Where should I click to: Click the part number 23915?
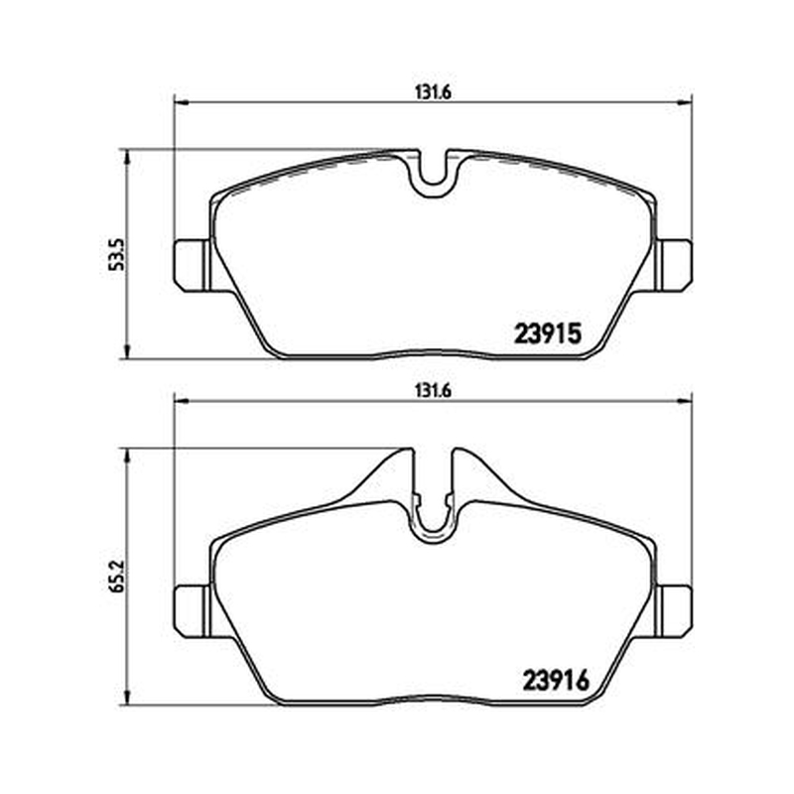coord(548,334)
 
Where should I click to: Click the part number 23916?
coord(556,681)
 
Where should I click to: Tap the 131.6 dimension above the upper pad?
coord(433,92)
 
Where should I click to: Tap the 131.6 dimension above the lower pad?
coord(433,391)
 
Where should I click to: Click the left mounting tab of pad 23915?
coord(193,265)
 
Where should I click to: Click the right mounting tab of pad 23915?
coord(673,265)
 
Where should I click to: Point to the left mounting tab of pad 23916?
coord(193,611)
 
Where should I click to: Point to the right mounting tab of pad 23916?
coord(673,611)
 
